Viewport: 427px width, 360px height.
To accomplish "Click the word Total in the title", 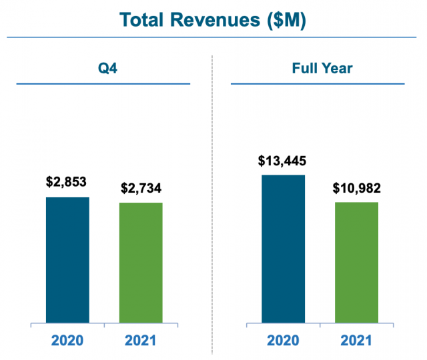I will pos(143,19).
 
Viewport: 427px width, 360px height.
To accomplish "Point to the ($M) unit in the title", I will pos(286,19).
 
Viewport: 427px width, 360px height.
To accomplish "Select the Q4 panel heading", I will pos(103,68).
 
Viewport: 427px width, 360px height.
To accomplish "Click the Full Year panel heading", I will pos(318,68).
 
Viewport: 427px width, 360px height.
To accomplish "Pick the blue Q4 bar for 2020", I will pos(67,260).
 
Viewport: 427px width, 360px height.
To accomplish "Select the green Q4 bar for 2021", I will pos(141,263).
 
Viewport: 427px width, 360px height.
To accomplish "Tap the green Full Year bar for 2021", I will pos(356,263).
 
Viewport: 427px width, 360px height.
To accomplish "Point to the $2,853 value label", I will pos(67,182).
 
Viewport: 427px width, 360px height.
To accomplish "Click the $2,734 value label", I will pos(141,187).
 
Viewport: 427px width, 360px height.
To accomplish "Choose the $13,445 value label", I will pos(282,161).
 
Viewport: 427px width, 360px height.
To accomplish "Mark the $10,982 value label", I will pos(356,187).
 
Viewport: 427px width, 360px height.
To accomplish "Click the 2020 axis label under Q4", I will pos(67,341).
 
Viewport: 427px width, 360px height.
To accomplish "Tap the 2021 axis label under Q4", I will pos(141,341).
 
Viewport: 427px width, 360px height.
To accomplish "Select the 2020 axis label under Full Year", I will pos(283,341).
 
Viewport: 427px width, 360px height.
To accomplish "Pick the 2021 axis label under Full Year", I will pos(356,341).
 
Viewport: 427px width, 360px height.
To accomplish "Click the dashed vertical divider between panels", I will pos(212,200).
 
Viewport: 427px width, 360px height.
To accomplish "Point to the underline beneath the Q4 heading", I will pos(103,84).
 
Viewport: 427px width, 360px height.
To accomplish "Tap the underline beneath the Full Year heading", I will pos(318,84).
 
